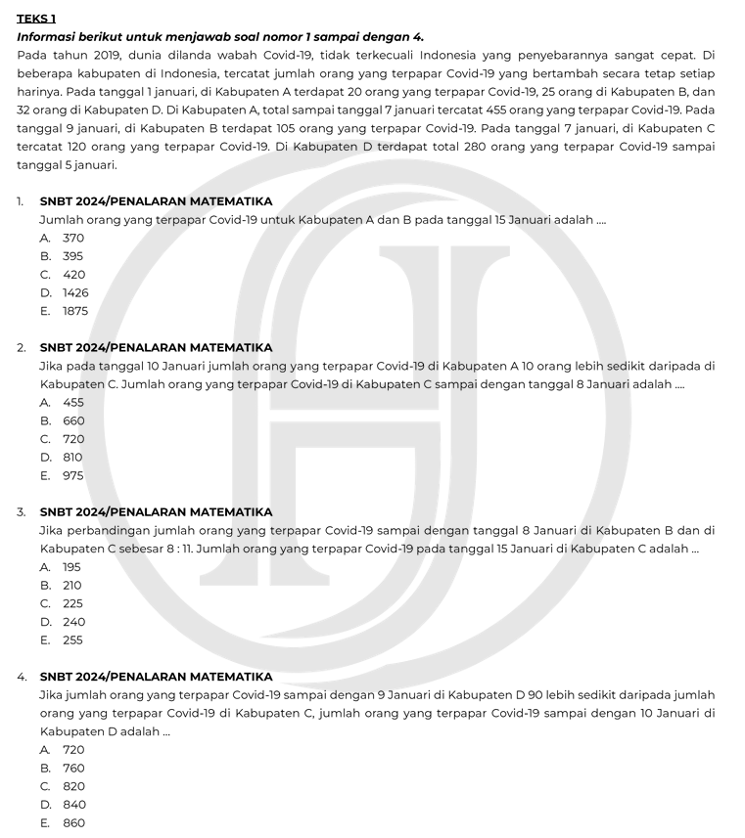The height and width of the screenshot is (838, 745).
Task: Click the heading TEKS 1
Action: (x=36, y=19)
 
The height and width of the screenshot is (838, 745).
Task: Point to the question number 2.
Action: (x=22, y=347)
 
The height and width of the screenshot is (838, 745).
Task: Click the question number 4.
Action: (x=22, y=677)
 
